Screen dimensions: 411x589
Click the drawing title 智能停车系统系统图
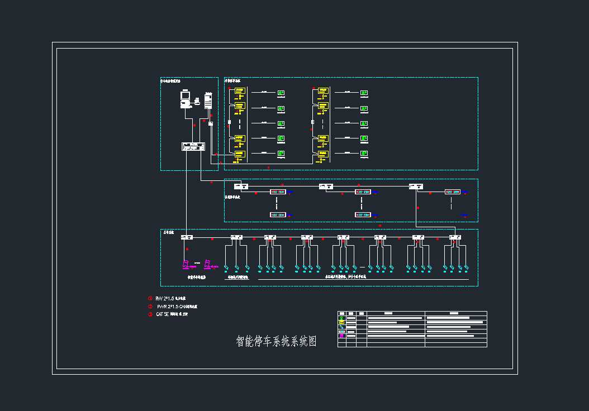pyautogui.click(x=276, y=342)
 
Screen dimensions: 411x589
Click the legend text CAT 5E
pyautogui.click(x=162, y=314)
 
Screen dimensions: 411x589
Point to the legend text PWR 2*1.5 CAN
pyautogui.click(x=177, y=307)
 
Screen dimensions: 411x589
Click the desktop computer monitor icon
pyautogui.click(x=185, y=97)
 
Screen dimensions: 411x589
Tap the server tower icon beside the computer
pyautogui.click(x=208, y=101)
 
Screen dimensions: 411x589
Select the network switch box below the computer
pyautogui.click(x=194, y=146)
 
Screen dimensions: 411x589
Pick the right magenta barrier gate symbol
pyautogui.click(x=207, y=264)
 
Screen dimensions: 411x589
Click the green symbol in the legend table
pyautogui.click(x=341, y=321)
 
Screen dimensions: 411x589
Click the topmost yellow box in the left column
pyautogui.click(x=239, y=90)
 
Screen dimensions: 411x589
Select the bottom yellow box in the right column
pyautogui.click(x=322, y=153)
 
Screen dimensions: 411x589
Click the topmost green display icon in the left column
pyautogui.click(x=282, y=93)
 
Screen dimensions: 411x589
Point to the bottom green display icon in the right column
pyautogui.click(x=364, y=153)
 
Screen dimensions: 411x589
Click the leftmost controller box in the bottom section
pyautogui.click(x=187, y=237)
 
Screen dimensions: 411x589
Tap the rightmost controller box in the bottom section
pyautogui.click(x=455, y=237)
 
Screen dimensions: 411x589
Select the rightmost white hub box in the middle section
pyautogui.click(x=415, y=186)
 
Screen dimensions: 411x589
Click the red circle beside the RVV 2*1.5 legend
pyautogui.click(x=150, y=298)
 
